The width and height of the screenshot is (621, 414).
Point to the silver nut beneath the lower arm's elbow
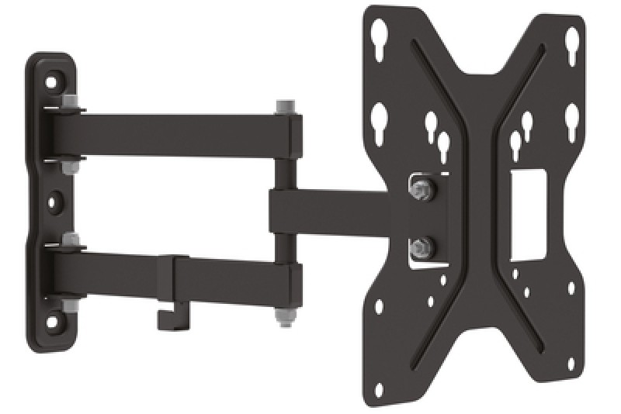(282, 318)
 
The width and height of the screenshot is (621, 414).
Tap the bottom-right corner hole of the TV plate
(572, 371)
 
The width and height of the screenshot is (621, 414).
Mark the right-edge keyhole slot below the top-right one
(571, 120)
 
